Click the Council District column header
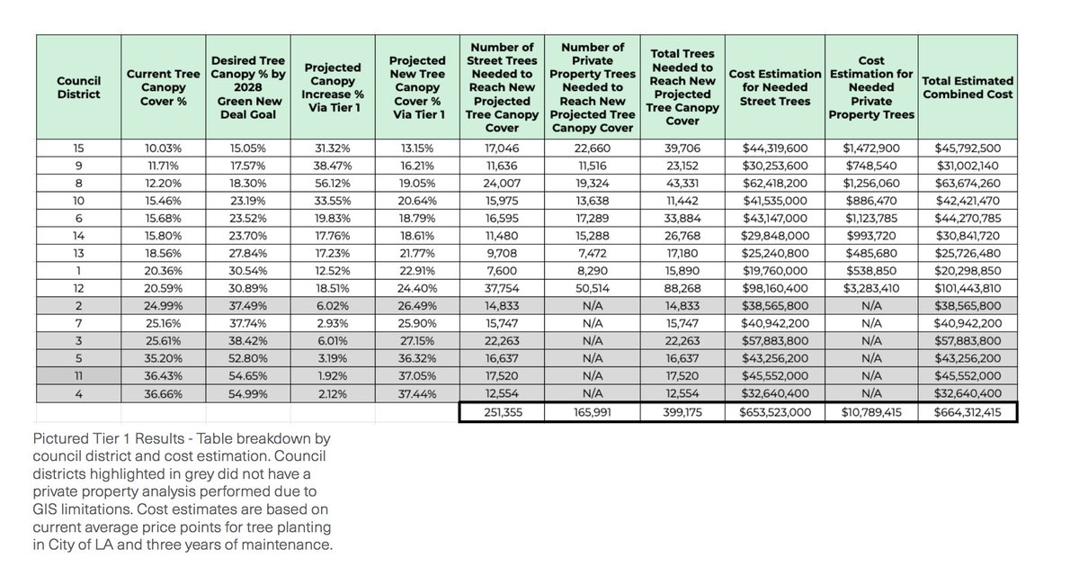click(78, 87)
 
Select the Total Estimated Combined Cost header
click(968, 87)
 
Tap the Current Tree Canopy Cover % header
click(163, 87)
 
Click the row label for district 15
click(78, 148)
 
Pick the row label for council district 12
click(78, 289)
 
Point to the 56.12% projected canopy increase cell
click(334, 183)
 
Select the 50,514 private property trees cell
click(593, 289)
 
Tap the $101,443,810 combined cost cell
click(968, 289)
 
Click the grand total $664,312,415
click(968, 412)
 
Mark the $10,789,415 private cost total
click(871, 412)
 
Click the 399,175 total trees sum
click(683, 412)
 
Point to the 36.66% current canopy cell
click(163, 394)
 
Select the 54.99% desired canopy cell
click(247, 394)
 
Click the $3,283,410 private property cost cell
click(871, 289)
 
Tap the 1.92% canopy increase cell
click(334, 377)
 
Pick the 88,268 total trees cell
click(683, 289)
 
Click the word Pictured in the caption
click(61, 440)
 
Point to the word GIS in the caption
click(45, 509)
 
